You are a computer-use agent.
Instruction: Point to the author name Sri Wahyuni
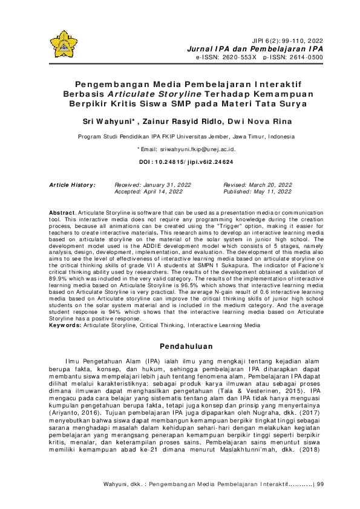point(106,122)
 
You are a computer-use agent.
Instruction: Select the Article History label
point(72,184)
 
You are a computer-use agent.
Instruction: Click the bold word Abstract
point(62,214)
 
